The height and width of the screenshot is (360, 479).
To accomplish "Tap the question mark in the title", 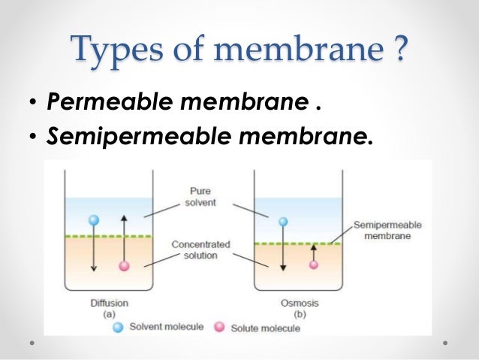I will pos(400,49).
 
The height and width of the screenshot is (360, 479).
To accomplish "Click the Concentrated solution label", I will pos(200,250).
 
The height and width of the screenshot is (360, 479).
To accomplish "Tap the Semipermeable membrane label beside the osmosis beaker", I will pos(387,231).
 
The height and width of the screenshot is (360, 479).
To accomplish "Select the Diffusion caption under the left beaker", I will pos(108,303).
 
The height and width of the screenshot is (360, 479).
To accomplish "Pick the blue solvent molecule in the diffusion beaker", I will pos(94,220).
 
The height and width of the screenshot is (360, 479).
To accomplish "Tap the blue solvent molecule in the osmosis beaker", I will pos(283,222).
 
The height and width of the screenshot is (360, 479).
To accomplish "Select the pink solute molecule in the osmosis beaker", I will pos(314,265).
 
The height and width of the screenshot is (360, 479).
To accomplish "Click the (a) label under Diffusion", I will pos(108,315).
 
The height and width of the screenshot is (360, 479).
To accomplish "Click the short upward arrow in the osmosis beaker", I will pos(314,252).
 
